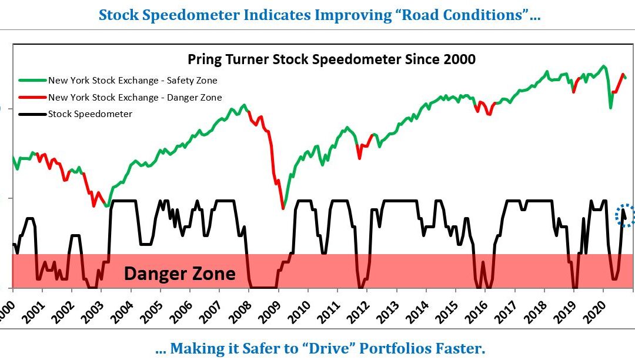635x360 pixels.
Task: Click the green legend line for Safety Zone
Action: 32,81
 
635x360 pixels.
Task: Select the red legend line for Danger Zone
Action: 32,97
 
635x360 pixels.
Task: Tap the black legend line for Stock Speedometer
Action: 32,114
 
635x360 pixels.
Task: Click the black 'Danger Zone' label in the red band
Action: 179,274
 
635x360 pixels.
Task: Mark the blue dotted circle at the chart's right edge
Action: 626,215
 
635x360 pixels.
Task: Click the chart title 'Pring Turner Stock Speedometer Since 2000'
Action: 331,59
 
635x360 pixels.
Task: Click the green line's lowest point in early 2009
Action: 283,208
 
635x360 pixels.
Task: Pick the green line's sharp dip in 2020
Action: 611,108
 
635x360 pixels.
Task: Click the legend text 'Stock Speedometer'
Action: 90,114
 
